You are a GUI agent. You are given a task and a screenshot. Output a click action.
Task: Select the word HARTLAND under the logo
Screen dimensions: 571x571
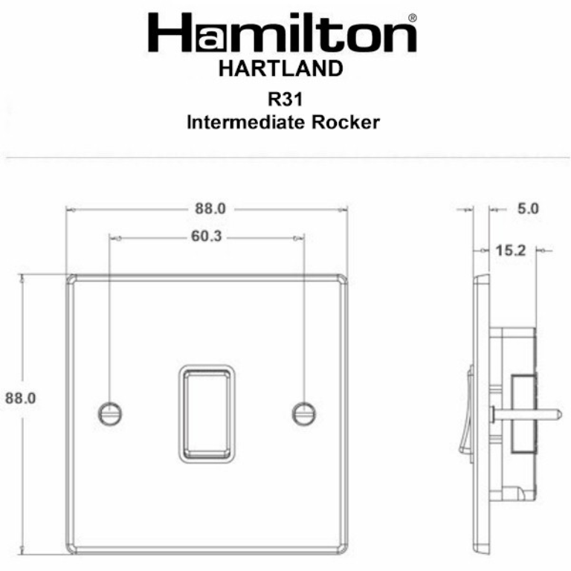click(281, 70)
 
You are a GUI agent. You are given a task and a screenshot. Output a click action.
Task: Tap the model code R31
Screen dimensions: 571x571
click(282, 99)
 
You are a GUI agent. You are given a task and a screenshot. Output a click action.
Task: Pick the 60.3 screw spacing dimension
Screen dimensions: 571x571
click(206, 238)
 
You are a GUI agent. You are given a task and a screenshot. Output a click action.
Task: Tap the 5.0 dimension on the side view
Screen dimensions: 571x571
click(527, 209)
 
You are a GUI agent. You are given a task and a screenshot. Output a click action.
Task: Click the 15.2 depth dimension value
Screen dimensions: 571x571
click(510, 251)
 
